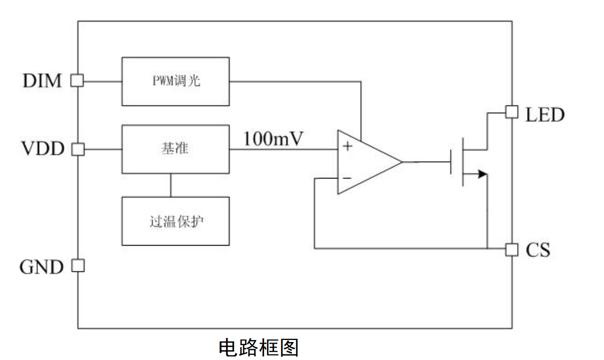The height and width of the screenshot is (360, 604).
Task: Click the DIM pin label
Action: click(43, 81)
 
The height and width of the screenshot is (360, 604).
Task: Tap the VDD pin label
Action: click(43, 148)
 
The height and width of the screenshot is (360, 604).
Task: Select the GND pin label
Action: click(42, 267)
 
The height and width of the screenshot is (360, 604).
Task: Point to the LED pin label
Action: click(545, 115)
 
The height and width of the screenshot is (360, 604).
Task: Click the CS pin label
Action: click(538, 250)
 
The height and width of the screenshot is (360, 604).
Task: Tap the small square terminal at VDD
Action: click(78, 149)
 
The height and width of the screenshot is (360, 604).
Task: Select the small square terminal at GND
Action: click(78, 265)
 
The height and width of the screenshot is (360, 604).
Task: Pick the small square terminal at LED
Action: click(512, 112)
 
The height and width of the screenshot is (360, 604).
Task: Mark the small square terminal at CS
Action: click(512, 249)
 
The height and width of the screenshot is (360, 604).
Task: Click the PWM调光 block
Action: click(176, 82)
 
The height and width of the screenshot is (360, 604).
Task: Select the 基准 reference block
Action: click(176, 149)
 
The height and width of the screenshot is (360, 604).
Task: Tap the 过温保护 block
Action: click(176, 221)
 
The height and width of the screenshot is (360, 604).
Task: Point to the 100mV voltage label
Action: click(273, 139)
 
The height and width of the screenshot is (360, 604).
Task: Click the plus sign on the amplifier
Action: click(348, 146)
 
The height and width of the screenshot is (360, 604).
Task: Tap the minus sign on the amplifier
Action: click(347, 177)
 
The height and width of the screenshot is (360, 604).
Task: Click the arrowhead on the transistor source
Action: click(482, 174)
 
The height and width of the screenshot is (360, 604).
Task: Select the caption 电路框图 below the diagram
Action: click(258, 347)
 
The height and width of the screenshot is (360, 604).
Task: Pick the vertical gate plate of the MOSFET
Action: click(451, 162)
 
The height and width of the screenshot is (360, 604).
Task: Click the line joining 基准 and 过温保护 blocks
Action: click(171, 186)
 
